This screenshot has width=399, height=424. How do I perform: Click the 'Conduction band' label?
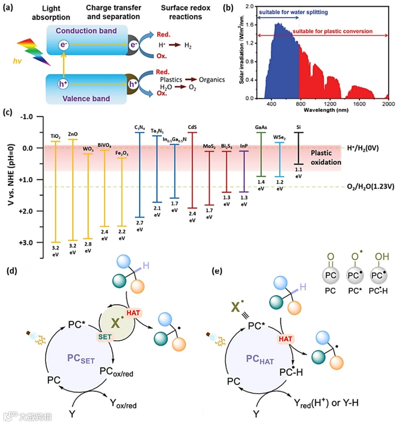(86, 31)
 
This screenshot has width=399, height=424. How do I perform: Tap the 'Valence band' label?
(86, 99)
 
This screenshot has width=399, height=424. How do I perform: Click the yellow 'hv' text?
(17, 61)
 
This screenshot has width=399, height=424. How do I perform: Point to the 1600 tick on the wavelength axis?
(359, 104)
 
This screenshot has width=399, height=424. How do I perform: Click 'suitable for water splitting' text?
(293, 12)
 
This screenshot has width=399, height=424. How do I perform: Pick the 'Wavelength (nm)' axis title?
(326, 110)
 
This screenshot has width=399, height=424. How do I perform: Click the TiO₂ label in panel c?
(55, 137)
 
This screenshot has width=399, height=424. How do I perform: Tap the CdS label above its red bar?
(192, 127)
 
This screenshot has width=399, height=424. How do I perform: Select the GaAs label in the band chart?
(261, 127)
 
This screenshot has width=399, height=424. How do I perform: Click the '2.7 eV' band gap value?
(140, 226)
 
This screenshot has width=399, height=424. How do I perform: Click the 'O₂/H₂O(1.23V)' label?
(371, 187)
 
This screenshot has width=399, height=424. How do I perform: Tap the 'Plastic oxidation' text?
(325, 158)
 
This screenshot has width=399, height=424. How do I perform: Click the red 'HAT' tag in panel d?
(133, 313)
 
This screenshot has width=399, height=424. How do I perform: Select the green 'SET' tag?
(105, 337)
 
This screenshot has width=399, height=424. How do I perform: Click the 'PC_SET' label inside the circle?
(81, 359)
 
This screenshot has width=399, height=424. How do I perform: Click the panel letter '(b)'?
(229, 7)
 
